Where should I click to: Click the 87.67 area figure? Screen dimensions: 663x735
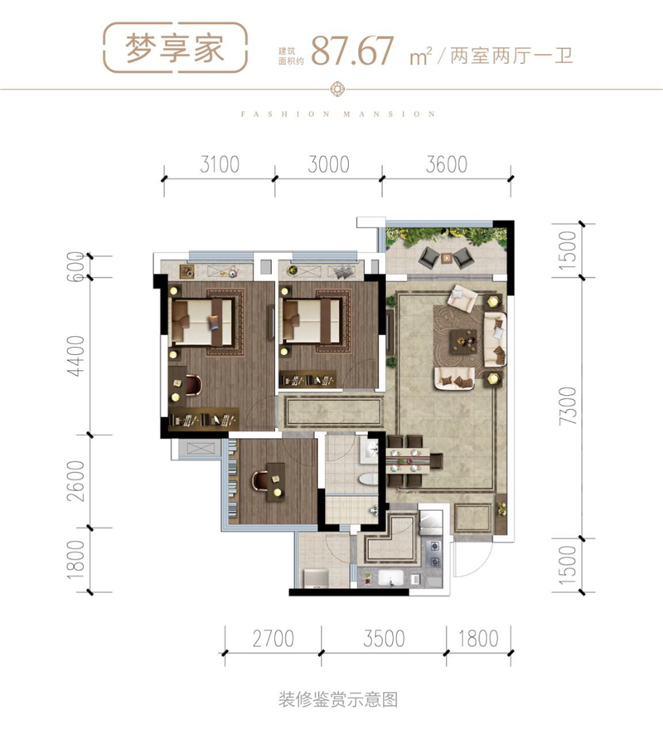point(352,51)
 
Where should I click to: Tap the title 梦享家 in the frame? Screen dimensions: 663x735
point(175,48)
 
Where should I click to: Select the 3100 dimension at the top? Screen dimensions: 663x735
point(220,164)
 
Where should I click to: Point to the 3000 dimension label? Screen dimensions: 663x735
point(329,164)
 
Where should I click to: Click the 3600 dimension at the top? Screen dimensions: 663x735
point(447,164)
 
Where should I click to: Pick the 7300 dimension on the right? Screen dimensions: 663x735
point(568,406)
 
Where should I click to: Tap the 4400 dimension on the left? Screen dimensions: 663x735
point(76,355)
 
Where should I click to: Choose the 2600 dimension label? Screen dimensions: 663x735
point(76,481)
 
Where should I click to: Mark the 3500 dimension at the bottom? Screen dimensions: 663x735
point(384,639)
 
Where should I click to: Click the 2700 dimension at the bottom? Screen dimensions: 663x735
point(273,639)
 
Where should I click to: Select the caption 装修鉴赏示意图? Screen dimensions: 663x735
point(338,700)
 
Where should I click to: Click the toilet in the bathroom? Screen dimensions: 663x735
point(368,479)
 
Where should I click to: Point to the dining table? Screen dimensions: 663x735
point(408,460)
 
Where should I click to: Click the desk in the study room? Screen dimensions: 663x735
point(276,482)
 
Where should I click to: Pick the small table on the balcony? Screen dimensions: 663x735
point(446,257)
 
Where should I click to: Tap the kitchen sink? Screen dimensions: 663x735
point(388,577)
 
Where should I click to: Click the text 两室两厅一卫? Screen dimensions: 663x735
point(511,56)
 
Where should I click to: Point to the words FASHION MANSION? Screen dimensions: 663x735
point(338,114)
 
